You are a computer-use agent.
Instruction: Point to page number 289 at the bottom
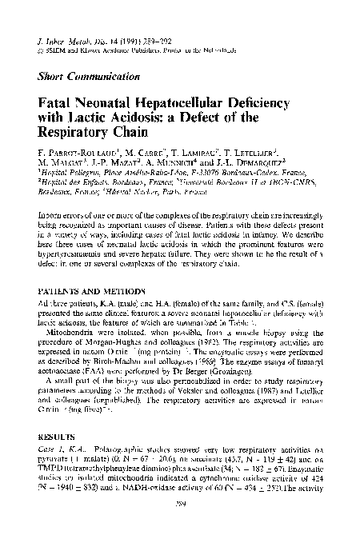pos(180,527)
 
